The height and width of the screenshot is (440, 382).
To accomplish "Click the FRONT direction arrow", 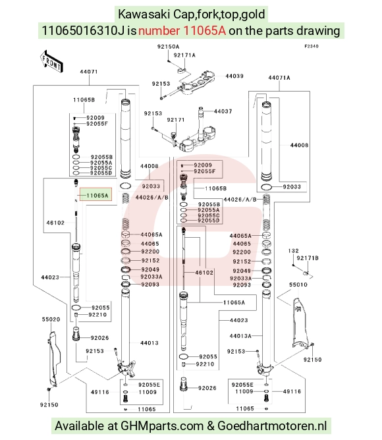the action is pos(51,61).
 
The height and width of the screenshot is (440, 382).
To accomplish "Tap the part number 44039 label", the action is pos(234,76).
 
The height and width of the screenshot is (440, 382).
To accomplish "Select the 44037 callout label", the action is pos(223,111).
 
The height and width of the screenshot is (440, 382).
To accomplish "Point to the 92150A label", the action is pos(168,47).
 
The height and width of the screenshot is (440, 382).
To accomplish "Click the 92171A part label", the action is pos(184,55).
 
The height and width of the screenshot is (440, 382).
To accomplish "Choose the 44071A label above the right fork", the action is pos(279,78).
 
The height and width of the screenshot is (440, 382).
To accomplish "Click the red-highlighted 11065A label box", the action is pos(96,195).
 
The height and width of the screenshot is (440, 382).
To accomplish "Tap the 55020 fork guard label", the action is pos(51,319).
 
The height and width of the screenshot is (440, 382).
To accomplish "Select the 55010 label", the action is pos(298,285).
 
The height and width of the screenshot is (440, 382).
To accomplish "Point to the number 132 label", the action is pos(293,251).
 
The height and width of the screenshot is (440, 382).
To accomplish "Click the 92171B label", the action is pos(308,258).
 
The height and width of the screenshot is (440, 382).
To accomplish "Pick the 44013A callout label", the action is pos(240,336).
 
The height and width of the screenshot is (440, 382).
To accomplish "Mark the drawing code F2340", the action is pos(312,46).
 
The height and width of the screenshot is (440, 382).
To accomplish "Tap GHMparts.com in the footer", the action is pos(162,426).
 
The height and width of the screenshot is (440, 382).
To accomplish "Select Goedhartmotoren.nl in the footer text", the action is pos(272,426).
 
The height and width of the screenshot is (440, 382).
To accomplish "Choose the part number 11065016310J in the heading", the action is pos(83,30).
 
